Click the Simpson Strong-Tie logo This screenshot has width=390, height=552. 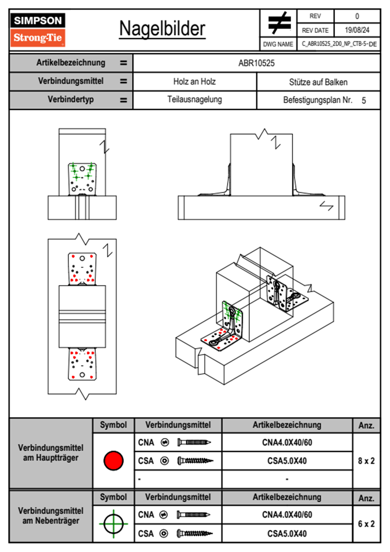point(38,30)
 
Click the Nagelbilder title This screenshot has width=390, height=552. point(162,29)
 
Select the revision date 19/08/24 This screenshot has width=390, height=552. point(357,30)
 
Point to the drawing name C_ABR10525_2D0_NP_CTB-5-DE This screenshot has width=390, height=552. point(339,44)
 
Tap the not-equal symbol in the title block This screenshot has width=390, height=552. point(279,23)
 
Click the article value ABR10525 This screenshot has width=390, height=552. point(256,63)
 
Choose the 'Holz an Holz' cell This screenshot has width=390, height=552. point(194,82)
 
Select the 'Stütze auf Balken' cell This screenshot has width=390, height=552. point(318,82)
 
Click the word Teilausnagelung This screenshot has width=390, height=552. point(194,99)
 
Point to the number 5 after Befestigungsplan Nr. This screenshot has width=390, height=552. point(364,100)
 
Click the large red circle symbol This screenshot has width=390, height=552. point(113,460)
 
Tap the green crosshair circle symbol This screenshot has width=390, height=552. point(113,524)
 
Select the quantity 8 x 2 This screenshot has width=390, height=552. point(366,461)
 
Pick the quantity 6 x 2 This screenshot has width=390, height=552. point(366,524)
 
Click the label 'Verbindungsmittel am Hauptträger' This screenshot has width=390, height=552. point(51,453)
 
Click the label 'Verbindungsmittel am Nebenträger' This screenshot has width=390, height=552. point(51,516)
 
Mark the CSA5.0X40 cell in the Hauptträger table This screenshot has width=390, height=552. point(287,461)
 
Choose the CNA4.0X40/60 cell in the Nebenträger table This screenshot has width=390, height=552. point(287,515)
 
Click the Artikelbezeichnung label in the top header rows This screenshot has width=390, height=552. point(71,63)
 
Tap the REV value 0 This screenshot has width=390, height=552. point(357,16)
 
